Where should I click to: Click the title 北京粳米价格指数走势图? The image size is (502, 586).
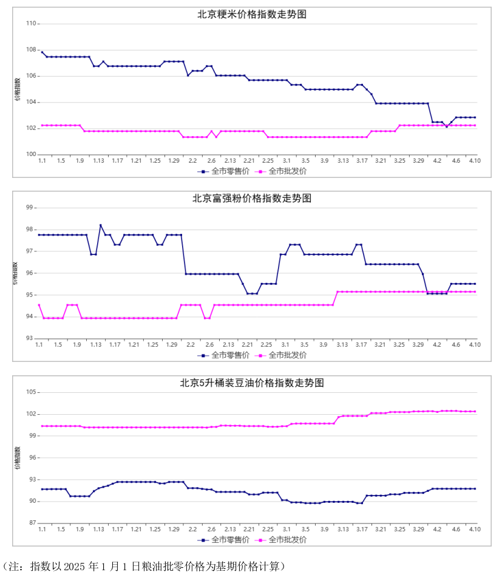[x=252, y=14]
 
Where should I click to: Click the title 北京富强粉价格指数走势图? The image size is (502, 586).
[x=252, y=199]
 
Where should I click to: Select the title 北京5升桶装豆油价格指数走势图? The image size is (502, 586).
[x=252, y=383]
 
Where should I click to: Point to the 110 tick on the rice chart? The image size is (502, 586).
[x=32, y=24]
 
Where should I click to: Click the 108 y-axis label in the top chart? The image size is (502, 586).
[x=32, y=50]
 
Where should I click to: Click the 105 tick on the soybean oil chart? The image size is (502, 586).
[x=32, y=392]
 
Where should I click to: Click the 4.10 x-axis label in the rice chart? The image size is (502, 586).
[x=475, y=160]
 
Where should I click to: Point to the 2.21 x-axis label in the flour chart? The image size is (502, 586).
[x=247, y=345]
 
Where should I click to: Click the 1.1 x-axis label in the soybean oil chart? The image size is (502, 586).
[x=42, y=530]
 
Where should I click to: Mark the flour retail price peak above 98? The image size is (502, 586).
[x=101, y=225]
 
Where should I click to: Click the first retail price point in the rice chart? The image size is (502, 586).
[x=42, y=52]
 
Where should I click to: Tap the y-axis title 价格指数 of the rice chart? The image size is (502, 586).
[x=19, y=89]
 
